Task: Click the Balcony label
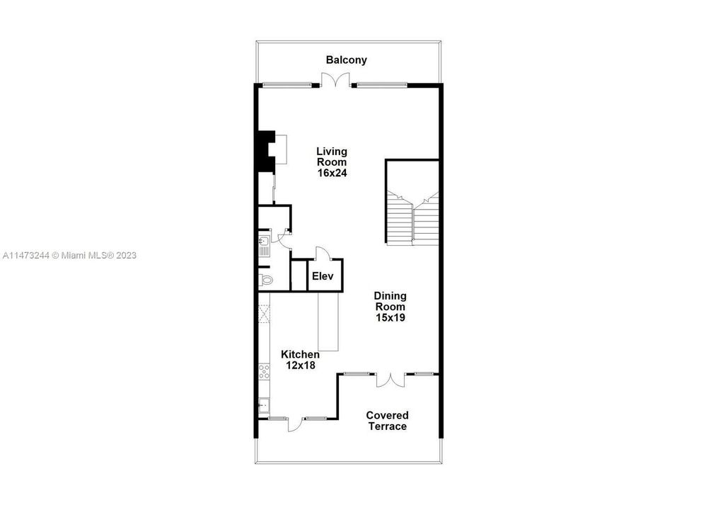346,60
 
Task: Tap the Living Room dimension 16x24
331,172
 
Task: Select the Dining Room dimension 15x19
390,318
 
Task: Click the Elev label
323,276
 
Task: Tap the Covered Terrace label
387,421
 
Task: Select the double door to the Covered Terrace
390,380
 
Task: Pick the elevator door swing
322,253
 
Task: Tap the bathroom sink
263,248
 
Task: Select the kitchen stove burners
264,371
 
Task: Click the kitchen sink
263,406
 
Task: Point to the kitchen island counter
329,322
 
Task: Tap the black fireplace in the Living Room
265,150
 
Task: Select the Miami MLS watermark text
69,255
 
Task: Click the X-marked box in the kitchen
264,313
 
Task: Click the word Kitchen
300,354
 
